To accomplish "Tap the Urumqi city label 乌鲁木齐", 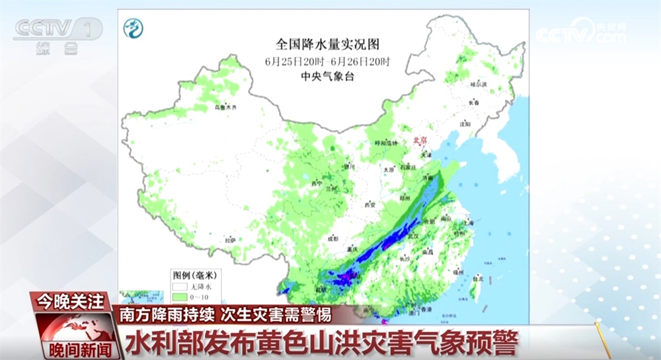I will click(x=225, y=107).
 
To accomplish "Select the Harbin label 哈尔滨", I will click(x=478, y=85).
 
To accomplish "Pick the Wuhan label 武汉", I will click(x=414, y=235).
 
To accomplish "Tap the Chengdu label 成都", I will click(x=333, y=238).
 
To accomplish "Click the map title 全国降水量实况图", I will click(x=328, y=45).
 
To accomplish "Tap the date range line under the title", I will click(x=328, y=61).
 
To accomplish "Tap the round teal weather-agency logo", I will click(x=133, y=28).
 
